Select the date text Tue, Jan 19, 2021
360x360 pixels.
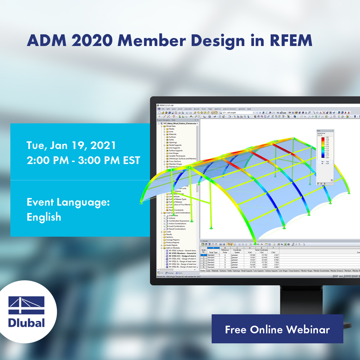[x=71, y=145]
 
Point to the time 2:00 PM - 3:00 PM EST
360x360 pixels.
[x=83, y=161]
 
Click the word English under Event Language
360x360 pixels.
[x=44, y=217]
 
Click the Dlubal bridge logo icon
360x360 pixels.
[x=27, y=305]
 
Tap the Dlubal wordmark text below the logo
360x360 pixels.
[x=27, y=323]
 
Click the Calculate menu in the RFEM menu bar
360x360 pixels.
[x=188, y=109]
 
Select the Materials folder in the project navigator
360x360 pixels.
[x=172, y=134]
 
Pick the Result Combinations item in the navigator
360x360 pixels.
[x=177, y=229]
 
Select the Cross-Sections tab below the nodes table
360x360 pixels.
[x=294, y=271]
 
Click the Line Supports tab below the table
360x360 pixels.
[x=258, y=271]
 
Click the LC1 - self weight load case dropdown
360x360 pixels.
[x=237, y=112]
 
